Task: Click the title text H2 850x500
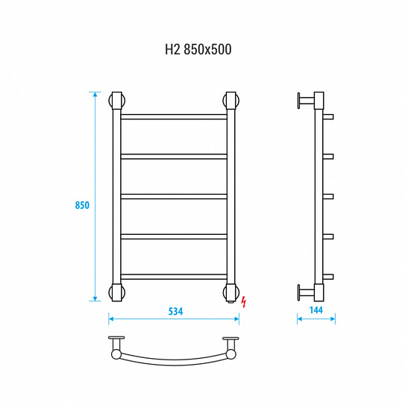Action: tap(198, 49)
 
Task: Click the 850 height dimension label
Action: tap(82, 205)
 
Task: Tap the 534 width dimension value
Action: tap(175, 311)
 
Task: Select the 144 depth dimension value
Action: tap(316, 310)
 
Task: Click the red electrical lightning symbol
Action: tap(244, 302)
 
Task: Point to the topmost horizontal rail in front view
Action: tap(174, 117)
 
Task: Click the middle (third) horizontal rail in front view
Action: tap(174, 197)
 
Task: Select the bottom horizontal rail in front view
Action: tap(174, 277)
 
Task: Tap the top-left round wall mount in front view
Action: tap(117, 101)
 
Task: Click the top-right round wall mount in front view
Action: tap(231, 101)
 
